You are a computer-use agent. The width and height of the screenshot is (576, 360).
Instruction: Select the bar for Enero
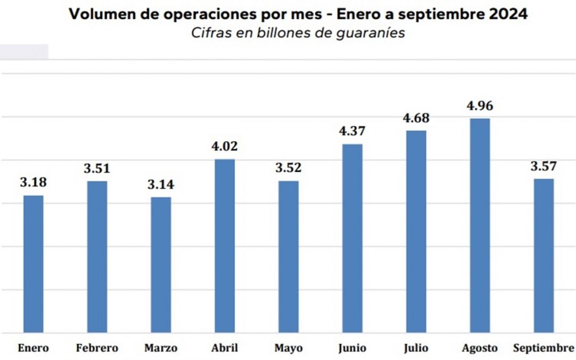pos(33,264)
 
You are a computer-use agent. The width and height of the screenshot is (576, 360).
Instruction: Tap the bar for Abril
pos(225,246)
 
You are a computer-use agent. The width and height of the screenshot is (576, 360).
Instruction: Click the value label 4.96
pos(479,106)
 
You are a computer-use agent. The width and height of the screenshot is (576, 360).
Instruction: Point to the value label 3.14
pos(161,185)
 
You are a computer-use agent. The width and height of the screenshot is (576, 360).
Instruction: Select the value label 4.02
pos(225,147)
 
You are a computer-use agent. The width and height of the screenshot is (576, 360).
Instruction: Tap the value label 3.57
pos(543,166)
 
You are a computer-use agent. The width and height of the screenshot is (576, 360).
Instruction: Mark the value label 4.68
pos(416,118)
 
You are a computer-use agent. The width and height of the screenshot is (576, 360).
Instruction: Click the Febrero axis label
pos(97,349)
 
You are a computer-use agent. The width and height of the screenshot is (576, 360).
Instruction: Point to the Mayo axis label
pos(289,349)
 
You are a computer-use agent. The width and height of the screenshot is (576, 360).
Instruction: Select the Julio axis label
pos(416,349)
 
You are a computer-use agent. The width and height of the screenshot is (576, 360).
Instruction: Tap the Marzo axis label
pos(161,349)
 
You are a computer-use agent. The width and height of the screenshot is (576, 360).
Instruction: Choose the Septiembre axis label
pos(543,349)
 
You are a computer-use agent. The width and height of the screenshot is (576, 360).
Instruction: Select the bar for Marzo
pos(161,265)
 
